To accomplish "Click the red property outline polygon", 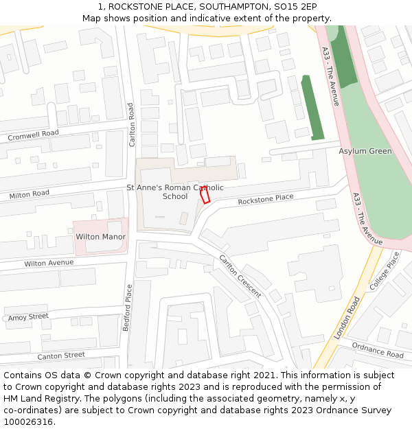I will click(205, 195).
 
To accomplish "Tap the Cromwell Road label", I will click(33, 135).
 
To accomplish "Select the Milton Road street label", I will click(30, 195).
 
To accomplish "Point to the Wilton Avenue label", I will click(49, 263).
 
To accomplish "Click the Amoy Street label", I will click(28, 316).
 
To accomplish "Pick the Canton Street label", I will click(61, 356).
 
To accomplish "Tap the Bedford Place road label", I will click(127, 308).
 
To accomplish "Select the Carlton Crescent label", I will click(240, 276).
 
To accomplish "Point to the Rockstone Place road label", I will click(265, 200).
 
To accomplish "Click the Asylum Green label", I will click(365, 151).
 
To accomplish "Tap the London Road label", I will click(347, 318).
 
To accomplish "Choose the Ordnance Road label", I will click(377, 350).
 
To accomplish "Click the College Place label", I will click(385, 270).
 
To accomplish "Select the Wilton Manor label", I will click(100, 237).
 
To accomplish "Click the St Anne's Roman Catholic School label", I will click(175, 192).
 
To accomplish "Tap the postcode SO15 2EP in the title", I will click(295, 6).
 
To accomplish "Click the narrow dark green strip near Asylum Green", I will click(312, 108).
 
